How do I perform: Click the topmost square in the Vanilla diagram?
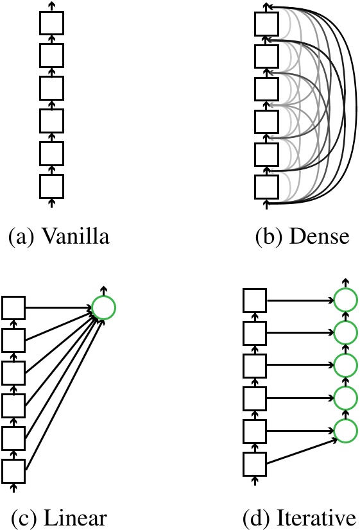(51, 24)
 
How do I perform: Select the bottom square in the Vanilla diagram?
(51, 185)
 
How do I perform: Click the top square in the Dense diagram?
(266, 24)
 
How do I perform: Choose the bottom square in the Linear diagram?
(13, 470)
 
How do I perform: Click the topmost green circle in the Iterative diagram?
(345, 299)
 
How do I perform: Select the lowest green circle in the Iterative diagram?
(345, 430)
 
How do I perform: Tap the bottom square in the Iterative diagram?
(255, 463)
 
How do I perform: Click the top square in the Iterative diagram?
(255, 299)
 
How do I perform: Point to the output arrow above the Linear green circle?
(103, 290)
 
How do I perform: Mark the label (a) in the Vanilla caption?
(21, 237)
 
